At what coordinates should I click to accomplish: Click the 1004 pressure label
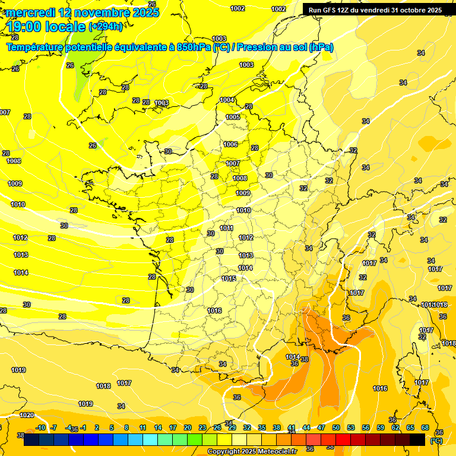coord(227,100)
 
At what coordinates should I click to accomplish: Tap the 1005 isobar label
coord(233,117)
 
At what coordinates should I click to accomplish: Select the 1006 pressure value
coord(230,144)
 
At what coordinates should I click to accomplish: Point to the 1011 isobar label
coord(226,228)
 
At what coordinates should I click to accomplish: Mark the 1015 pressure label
coord(229,278)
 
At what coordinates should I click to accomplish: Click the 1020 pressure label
coord(27,415)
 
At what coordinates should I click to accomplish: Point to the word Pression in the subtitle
coord(256,47)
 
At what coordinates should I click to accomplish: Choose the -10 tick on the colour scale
coord(40,427)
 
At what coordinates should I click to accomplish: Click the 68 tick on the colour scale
coord(425,427)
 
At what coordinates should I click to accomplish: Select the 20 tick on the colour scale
coord(188,427)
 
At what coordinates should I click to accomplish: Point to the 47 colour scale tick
coord(321,427)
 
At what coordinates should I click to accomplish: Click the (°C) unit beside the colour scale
coord(436,441)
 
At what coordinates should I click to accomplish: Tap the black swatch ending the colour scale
coord(417,439)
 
